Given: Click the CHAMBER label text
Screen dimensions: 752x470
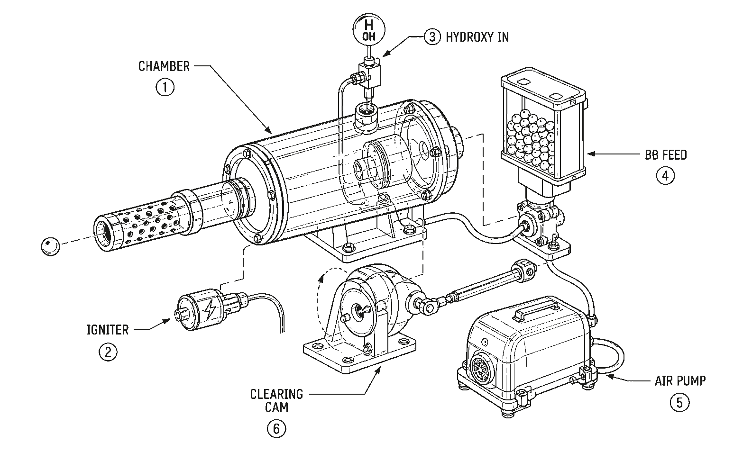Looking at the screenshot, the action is click(164, 66).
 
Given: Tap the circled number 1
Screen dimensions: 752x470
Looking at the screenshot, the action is click(165, 87).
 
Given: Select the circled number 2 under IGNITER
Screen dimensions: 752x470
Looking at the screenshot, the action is click(108, 352).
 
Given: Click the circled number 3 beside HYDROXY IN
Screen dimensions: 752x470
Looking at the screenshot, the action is click(432, 36).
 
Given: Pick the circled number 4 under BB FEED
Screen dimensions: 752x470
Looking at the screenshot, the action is click(665, 176).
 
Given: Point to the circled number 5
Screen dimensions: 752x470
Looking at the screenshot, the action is click(679, 403).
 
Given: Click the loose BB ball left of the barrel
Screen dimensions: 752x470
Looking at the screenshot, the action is click(50, 246).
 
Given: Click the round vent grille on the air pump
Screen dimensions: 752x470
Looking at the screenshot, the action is click(480, 366).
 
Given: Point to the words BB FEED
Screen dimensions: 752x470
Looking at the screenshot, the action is click(666, 155).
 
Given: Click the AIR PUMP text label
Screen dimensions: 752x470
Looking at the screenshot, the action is click(680, 381).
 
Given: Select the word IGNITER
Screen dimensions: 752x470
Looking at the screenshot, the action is click(108, 330).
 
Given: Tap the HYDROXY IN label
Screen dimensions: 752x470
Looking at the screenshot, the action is click(477, 37).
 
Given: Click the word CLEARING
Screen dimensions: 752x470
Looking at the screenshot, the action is click(276, 394).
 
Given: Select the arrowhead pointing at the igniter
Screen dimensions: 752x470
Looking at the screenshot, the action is click(166, 321).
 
